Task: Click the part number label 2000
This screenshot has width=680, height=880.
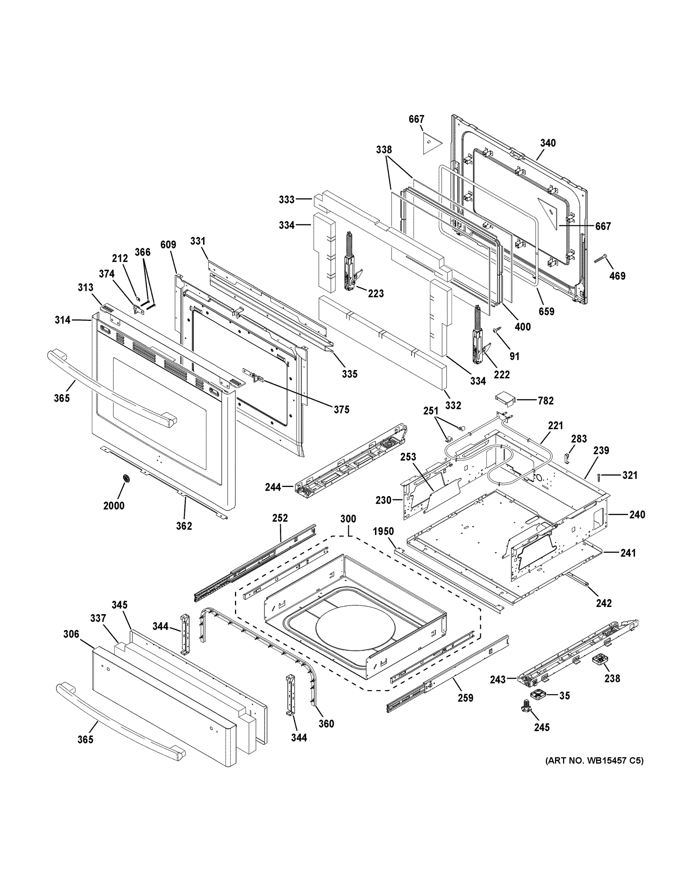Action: [x=114, y=505]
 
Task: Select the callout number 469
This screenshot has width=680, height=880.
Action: [x=617, y=276]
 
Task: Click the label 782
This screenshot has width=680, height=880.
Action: [x=545, y=400]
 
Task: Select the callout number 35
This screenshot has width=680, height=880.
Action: [x=565, y=696]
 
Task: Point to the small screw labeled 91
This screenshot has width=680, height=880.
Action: [x=496, y=330]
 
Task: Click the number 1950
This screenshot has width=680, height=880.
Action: [x=383, y=531]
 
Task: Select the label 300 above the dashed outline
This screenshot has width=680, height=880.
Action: [x=348, y=518]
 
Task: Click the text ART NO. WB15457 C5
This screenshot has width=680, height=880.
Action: [x=594, y=761]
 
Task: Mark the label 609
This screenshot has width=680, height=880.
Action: [x=168, y=245]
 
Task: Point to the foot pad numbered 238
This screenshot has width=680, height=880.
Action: [x=600, y=660]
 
